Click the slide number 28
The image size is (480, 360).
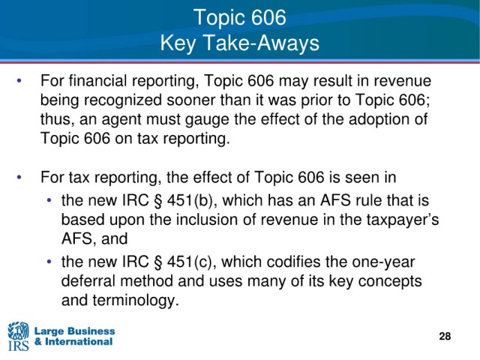(x=445, y=336)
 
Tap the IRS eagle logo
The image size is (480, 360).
(x=18, y=336)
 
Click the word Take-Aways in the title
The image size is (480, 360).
(x=261, y=43)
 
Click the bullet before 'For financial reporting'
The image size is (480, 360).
(x=19, y=81)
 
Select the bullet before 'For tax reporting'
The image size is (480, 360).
(x=19, y=178)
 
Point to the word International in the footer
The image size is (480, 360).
(x=79, y=342)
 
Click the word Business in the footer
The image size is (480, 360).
(x=91, y=331)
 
